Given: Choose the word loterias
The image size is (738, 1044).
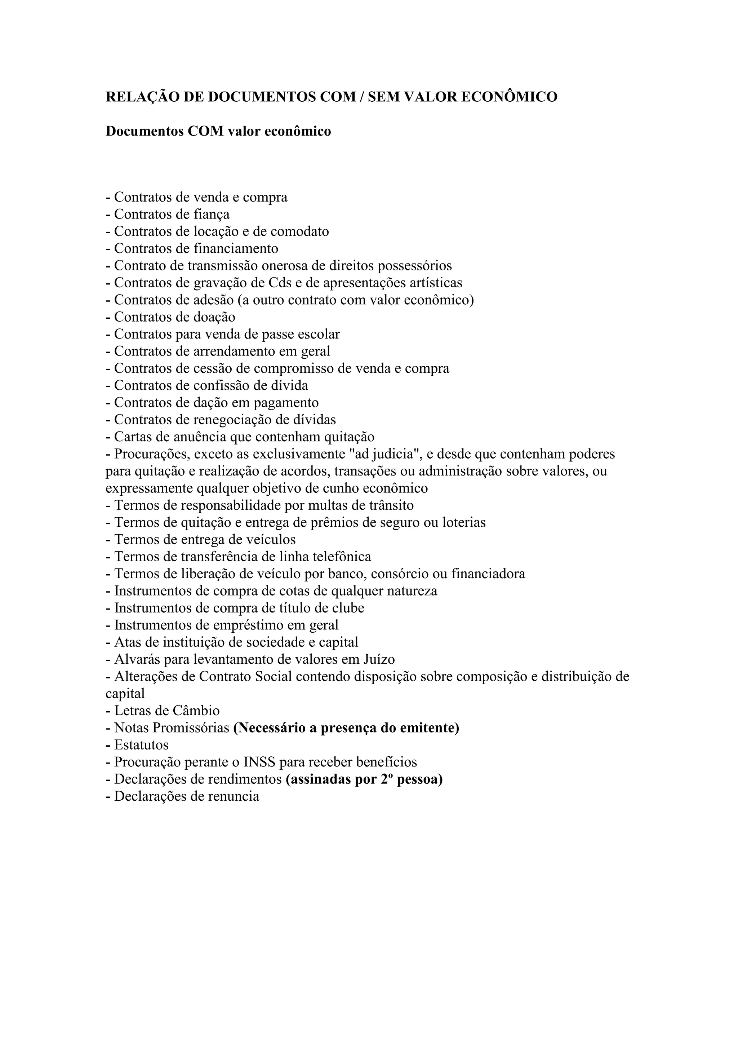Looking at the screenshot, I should pyautogui.click(x=463, y=522).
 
